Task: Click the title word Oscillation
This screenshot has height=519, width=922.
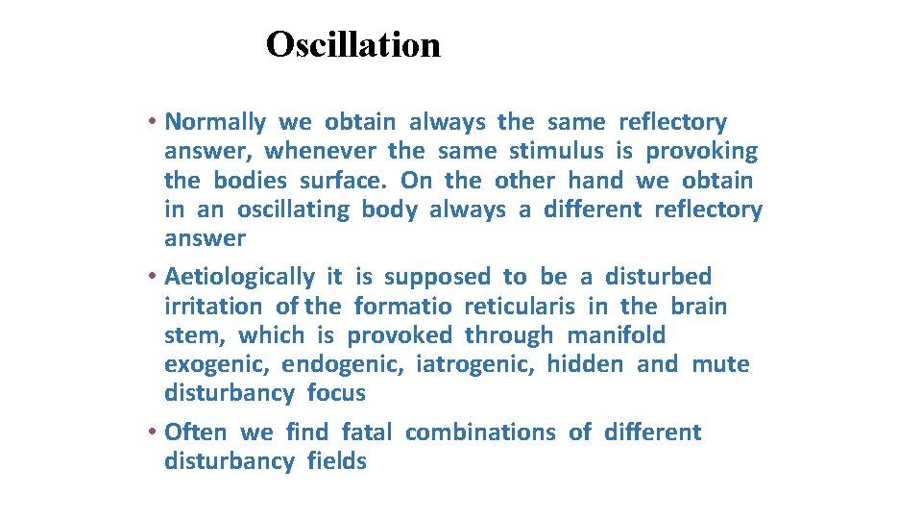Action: coord(352,44)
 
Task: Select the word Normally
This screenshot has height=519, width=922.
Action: coord(215,122)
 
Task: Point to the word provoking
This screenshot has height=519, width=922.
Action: coord(701,152)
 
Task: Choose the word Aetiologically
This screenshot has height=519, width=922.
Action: coord(239,277)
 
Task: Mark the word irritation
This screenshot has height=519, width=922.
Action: coord(213,307)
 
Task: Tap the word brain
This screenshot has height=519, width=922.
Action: coord(699,307)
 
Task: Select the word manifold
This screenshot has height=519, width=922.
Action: coord(616,335)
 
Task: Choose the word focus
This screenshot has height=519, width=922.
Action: coord(336,393)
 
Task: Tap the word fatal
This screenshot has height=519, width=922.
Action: coord(366,432)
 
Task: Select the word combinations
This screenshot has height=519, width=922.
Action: coord(480,432)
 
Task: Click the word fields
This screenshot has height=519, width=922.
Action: coord(337,461)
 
